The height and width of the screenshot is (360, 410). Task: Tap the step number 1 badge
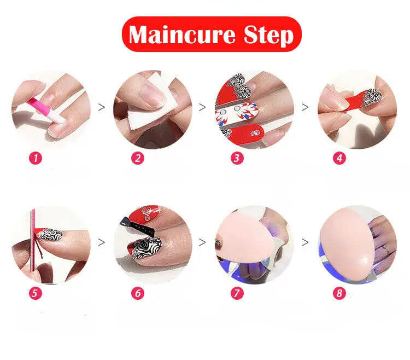tap(36, 159)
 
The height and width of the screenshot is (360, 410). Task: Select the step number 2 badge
tap(138, 159)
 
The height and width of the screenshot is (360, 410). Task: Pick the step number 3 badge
tap(237, 159)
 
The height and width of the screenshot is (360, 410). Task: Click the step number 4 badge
tap(339, 159)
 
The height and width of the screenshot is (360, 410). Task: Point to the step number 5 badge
tap(36, 293)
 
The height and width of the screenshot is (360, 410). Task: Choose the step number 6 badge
tap(138, 293)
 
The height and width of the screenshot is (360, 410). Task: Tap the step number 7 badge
tap(237, 293)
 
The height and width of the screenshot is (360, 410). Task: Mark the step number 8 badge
tap(339, 293)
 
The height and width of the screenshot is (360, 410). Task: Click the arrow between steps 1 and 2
tap(101, 107)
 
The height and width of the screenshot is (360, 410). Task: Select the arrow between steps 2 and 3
tap(202, 107)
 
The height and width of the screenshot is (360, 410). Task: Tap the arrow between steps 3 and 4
tap(305, 107)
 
